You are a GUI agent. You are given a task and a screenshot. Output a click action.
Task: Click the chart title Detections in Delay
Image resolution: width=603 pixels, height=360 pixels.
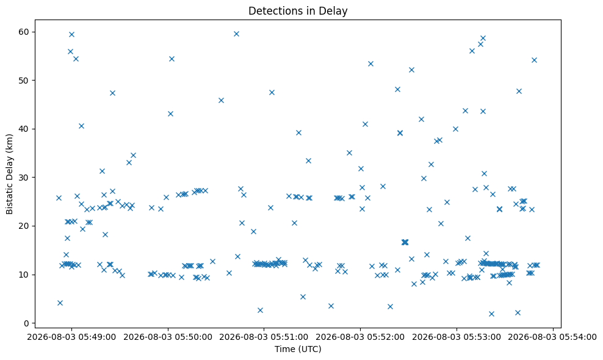coord(298,11)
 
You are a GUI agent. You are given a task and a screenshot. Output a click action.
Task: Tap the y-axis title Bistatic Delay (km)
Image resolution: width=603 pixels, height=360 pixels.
coord(9,175)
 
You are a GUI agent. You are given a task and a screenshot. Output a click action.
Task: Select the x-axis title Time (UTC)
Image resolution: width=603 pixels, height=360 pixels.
coord(298,349)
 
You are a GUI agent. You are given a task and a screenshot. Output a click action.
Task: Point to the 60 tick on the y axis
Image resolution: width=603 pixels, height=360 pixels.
coord(24,32)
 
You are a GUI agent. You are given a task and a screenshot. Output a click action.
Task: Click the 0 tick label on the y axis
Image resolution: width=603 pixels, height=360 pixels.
coord(27,323)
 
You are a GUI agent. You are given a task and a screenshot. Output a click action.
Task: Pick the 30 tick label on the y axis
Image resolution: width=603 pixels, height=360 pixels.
coord(24,178)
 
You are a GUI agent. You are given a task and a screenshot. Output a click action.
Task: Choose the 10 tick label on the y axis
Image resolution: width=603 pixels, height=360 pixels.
coord(24,275)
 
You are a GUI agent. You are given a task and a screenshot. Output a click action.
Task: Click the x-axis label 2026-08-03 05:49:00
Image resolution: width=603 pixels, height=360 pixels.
coord(71,337)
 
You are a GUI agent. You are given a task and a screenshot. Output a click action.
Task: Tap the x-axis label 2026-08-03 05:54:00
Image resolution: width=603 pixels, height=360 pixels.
coord(552,337)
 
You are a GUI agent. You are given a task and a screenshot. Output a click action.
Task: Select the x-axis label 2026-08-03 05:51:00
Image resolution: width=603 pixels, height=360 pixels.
coord(264,337)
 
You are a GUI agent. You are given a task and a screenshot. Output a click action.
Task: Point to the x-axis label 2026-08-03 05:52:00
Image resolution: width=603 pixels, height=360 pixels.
coord(360,337)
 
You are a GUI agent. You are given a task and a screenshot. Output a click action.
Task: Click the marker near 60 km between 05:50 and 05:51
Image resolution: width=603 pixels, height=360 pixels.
coord(237,34)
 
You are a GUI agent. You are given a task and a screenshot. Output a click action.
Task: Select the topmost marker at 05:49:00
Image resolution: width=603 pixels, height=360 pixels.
coord(71,34)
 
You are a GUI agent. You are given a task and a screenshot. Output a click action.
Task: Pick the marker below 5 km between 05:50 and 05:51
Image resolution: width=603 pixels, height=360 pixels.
coord(261,310)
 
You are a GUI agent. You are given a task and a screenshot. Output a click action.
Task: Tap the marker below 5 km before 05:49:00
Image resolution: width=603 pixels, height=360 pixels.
coord(60,303)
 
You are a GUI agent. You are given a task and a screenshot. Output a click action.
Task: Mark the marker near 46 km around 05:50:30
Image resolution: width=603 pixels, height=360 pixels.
coord(221,101)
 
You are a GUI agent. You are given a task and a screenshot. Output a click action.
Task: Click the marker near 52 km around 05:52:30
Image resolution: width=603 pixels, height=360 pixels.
coord(411,70)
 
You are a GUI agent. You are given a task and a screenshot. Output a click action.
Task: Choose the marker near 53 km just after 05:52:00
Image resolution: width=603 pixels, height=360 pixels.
coord(370,63)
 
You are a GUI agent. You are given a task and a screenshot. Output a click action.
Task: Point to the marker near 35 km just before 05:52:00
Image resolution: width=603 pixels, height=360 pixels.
coord(349,153)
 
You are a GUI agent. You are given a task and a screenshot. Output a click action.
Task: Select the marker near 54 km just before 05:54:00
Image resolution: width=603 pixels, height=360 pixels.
coord(534,60)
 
